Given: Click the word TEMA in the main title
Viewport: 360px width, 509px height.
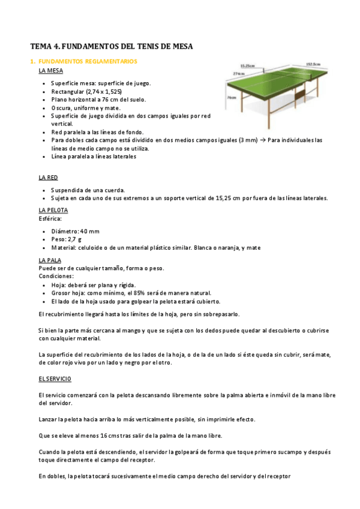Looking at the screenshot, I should (42, 46).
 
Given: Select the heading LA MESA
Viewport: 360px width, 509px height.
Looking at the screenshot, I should (50, 71).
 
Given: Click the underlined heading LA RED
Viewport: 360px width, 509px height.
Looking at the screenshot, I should (49, 178).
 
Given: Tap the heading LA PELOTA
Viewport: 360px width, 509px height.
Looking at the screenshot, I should (53, 210).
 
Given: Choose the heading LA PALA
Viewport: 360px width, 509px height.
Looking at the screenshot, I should (50, 260).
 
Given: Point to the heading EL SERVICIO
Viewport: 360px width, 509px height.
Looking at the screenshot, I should (55, 379).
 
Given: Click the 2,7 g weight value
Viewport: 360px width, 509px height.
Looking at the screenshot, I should (75, 239).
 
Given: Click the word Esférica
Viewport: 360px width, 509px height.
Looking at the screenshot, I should (50, 218).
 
